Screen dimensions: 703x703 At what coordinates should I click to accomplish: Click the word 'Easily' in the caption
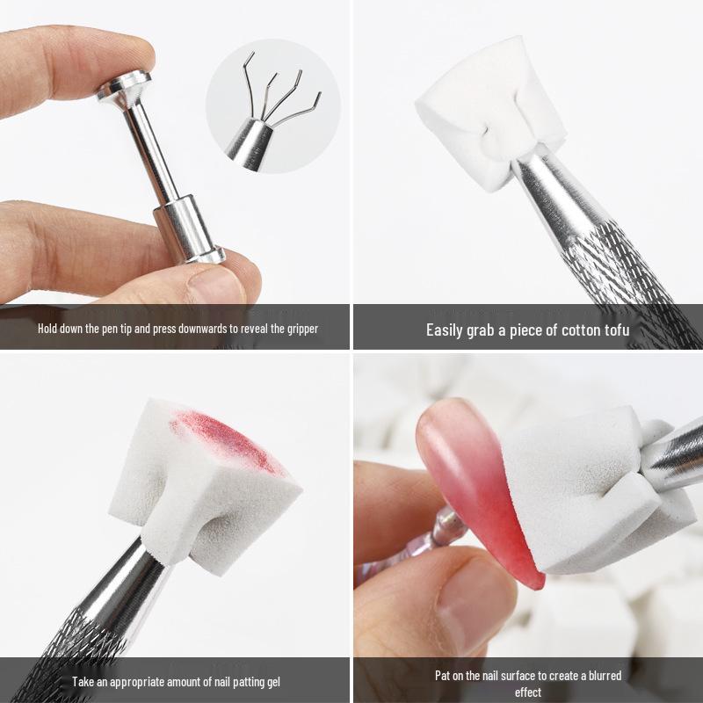click(x=448, y=330)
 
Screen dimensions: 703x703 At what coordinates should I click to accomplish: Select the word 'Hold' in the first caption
click(x=48, y=329)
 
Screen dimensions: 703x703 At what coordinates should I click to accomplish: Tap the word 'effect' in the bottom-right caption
click(x=528, y=692)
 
